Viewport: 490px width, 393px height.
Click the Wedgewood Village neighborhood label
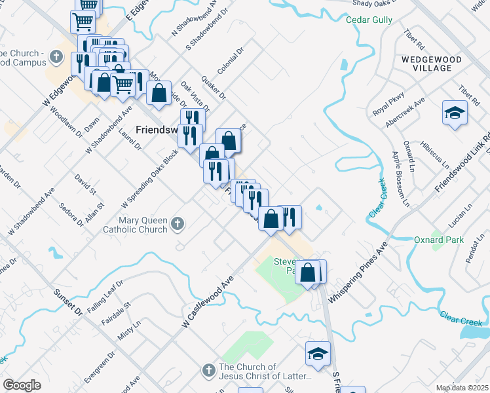tap(432, 64)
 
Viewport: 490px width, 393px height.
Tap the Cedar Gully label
tap(369, 20)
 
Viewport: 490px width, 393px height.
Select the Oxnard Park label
tap(438, 240)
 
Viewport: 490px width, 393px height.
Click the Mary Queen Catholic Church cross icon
tap(177, 225)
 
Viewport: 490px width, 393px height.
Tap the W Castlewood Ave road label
tap(208, 301)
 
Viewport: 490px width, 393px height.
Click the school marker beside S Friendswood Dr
tap(318, 354)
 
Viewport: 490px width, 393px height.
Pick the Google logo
tap(22, 385)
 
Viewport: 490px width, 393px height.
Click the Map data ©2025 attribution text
tap(462, 388)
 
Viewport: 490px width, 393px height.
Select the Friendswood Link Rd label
tap(462, 163)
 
